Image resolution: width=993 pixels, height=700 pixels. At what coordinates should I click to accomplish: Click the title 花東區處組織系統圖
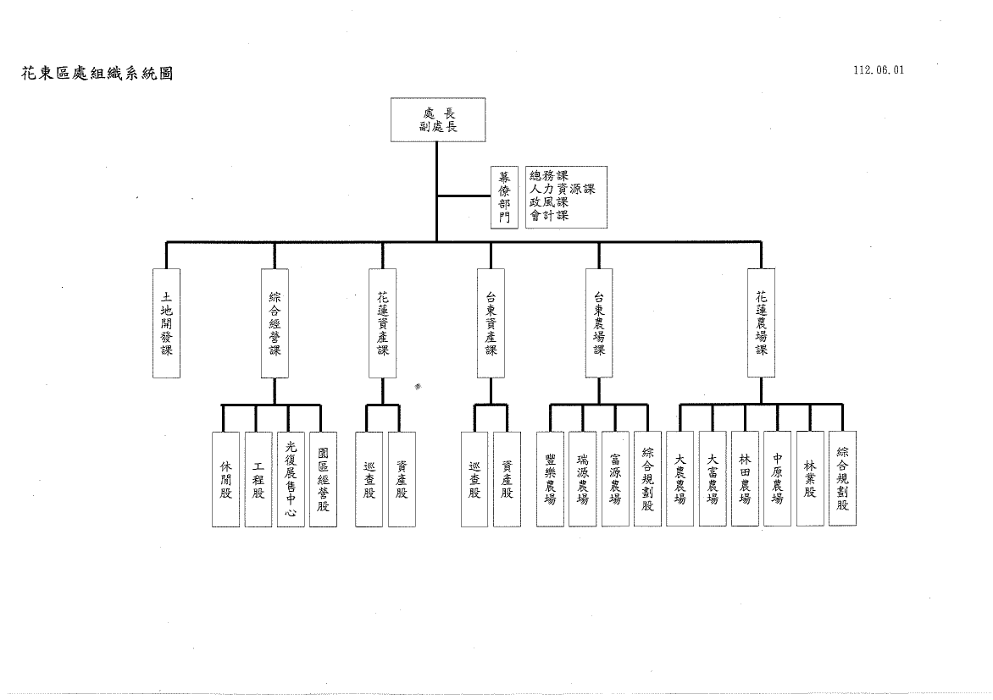click(x=97, y=74)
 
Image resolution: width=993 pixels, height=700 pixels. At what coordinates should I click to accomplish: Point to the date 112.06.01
click(x=879, y=70)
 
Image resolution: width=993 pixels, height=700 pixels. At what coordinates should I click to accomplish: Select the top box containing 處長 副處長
click(x=436, y=119)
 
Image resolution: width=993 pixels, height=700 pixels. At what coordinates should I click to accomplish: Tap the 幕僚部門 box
click(x=505, y=196)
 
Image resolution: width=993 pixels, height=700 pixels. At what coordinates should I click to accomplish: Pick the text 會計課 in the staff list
click(x=549, y=216)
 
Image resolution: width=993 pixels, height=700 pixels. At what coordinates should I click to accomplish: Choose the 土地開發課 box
click(x=166, y=322)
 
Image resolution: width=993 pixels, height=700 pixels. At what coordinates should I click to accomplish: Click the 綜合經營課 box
click(x=275, y=322)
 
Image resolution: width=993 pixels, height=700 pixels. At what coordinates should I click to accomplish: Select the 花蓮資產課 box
click(x=382, y=322)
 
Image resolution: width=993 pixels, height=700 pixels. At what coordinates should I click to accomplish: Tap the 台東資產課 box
click(x=491, y=322)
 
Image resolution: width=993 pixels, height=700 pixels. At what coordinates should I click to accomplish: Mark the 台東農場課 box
click(x=599, y=322)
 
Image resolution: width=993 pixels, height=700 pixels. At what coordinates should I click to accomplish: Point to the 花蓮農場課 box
click(x=761, y=322)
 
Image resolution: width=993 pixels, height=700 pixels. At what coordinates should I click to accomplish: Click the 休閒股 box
click(x=225, y=479)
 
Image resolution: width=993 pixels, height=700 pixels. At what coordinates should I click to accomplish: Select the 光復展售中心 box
click(x=291, y=479)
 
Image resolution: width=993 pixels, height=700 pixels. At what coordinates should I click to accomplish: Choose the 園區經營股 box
click(x=323, y=479)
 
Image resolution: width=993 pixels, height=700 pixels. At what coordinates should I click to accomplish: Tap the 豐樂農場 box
click(x=551, y=479)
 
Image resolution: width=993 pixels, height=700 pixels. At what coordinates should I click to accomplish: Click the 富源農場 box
click(x=615, y=479)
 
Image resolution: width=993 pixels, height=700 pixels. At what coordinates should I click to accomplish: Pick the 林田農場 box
click(x=745, y=479)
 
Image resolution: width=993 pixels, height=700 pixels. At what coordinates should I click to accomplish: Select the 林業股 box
click(x=810, y=479)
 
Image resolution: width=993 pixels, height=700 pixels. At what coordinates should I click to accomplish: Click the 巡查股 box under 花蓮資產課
click(x=369, y=479)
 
